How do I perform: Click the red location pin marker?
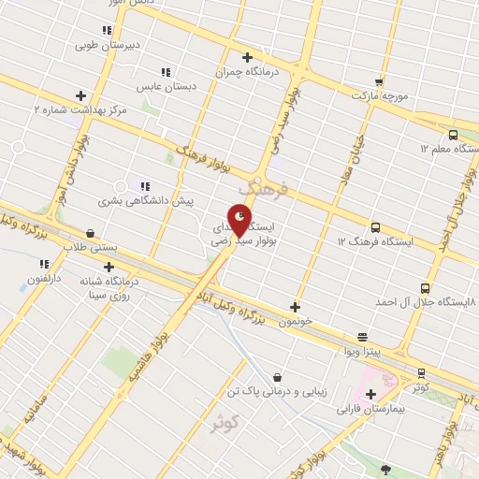tap(243, 222)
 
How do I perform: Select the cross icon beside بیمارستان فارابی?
tap(370, 395)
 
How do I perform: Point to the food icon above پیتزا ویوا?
tap(363, 337)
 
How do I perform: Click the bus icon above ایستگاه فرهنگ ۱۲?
tap(375, 227)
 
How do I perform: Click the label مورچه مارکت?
tap(380, 95)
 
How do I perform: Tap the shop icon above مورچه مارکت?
tap(380, 81)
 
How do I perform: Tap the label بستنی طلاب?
tap(87, 247)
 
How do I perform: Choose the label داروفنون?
tap(44, 278)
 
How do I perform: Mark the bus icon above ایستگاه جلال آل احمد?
tap(426, 289)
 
